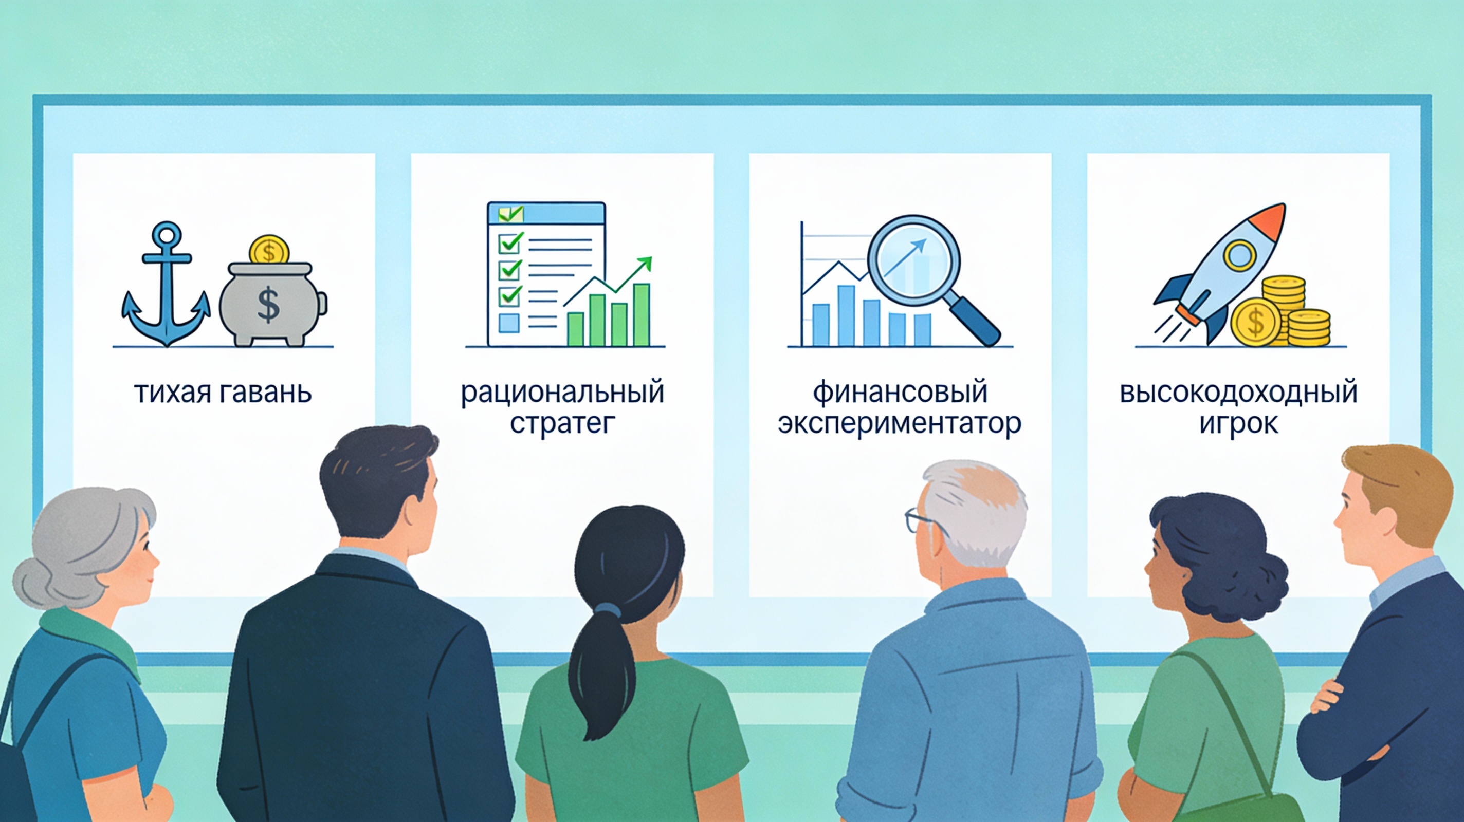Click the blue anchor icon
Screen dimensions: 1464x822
point(166,284)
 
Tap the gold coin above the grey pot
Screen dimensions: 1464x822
point(269,250)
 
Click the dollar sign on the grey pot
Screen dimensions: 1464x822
point(268,305)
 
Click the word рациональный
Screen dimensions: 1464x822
point(562,393)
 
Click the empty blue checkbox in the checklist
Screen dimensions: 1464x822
point(509,323)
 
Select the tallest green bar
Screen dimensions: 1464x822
point(641,315)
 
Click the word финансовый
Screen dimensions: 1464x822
point(900,393)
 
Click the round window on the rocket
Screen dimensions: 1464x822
point(1239,254)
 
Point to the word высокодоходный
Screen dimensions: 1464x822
point(1238,393)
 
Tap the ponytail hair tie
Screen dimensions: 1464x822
point(608,611)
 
